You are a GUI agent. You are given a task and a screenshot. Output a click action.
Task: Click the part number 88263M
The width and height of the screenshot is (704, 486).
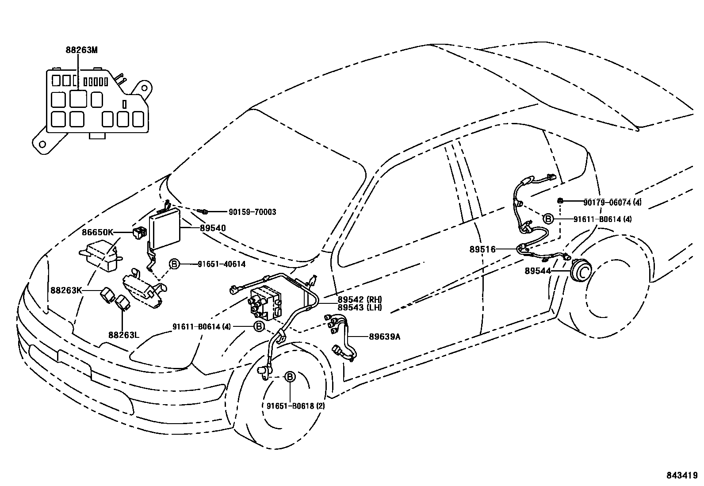pyautogui.click(x=81, y=50)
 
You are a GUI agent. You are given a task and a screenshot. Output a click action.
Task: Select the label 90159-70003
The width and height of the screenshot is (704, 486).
pyautogui.click(x=252, y=212)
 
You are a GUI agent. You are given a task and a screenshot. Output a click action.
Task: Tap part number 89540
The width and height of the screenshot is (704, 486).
pyautogui.click(x=213, y=228)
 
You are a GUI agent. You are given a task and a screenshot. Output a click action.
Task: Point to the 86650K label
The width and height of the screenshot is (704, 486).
pyautogui.click(x=97, y=232)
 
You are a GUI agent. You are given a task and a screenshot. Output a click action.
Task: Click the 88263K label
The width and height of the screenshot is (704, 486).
pyautogui.click(x=66, y=290)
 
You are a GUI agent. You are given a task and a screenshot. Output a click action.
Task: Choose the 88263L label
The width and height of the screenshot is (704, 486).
pyautogui.click(x=124, y=335)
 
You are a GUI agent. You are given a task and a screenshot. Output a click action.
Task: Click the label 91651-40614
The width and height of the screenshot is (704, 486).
pyautogui.click(x=221, y=264)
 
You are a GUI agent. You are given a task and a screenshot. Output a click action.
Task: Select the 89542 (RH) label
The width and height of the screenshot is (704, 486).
pyautogui.click(x=360, y=299)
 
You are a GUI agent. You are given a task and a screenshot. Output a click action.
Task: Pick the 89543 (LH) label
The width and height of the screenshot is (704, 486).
pyautogui.click(x=360, y=307)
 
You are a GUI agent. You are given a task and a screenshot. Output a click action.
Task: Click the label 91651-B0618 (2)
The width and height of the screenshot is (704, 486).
pyautogui.click(x=295, y=406)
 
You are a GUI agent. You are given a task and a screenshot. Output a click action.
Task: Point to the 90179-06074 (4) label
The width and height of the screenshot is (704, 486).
pyautogui.click(x=612, y=203)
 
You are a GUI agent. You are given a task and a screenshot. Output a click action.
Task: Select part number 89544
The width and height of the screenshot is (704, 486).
pyautogui.click(x=537, y=271)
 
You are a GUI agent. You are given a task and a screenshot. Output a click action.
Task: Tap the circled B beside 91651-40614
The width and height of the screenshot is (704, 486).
pyautogui.click(x=174, y=264)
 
